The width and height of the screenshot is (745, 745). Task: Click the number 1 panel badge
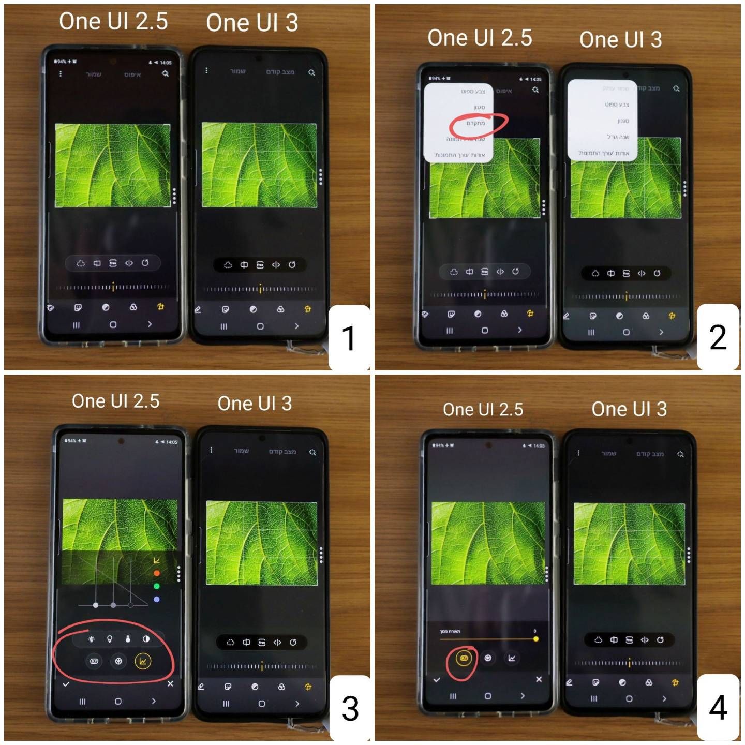(x=350, y=338)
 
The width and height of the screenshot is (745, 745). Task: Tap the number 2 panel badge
(x=718, y=337)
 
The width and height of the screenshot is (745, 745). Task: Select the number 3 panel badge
(x=350, y=708)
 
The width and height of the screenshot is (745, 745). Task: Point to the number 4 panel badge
(x=718, y=707)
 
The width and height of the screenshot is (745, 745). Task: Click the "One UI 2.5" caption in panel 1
(x=113, y=22)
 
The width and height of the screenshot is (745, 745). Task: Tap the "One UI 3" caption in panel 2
(x=620, y=40)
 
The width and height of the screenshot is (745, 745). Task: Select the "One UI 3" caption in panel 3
(x=255, y=404)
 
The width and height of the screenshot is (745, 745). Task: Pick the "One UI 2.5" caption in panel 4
(x=483, y=410)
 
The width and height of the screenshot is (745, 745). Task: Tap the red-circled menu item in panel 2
(x=476, y=124)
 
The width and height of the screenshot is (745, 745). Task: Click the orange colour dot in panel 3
(x=157, y=573)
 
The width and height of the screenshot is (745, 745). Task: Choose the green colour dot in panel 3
(x=157, y=586)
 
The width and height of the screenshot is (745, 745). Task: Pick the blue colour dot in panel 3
(x=157, y=599)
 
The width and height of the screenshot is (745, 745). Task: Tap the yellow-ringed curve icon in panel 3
(x=143, y=661)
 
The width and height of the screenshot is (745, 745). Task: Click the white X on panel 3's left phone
(x=170, y=683)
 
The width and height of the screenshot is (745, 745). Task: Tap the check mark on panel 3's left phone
(x=66, y=684)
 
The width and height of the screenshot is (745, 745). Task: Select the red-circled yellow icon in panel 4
(x=464, y=658)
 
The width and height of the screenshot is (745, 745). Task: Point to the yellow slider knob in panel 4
(x=536, y=639)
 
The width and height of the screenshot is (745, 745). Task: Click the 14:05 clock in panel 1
(x=166, y=63)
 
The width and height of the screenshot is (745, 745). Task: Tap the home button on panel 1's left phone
(x=113, y=325)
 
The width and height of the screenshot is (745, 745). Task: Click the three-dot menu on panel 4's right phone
(x=578, y=453)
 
